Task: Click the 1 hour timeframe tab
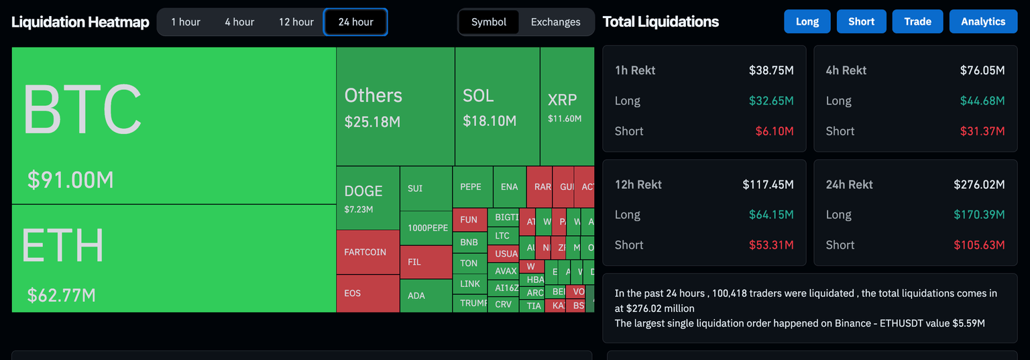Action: (x=186, y=22)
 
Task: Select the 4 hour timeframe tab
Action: (x=239, y=22)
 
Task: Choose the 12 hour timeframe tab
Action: (x=296, y=22)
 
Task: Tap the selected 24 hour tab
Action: (x=355, y=22)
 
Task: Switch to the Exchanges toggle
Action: (x=555, y=22)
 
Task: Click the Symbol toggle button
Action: (x=489, y=22)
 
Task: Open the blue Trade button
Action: (x=917, y=21)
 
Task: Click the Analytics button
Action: (x=982, y=21)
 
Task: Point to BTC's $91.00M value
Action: (x=70, y=180)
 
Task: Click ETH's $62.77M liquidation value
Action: (x=61, y=295)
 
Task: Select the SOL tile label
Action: (x=478, y=96)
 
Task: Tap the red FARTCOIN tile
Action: (x=365, y=252)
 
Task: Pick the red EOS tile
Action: (x=353, y=293)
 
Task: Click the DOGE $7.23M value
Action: (x=359, y=209)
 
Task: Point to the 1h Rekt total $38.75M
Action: (x=771, y=70)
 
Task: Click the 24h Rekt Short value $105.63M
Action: (x=979, y=245)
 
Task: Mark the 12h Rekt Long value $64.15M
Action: (x=771, y=215)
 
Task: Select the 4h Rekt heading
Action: (x=846, y=70)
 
